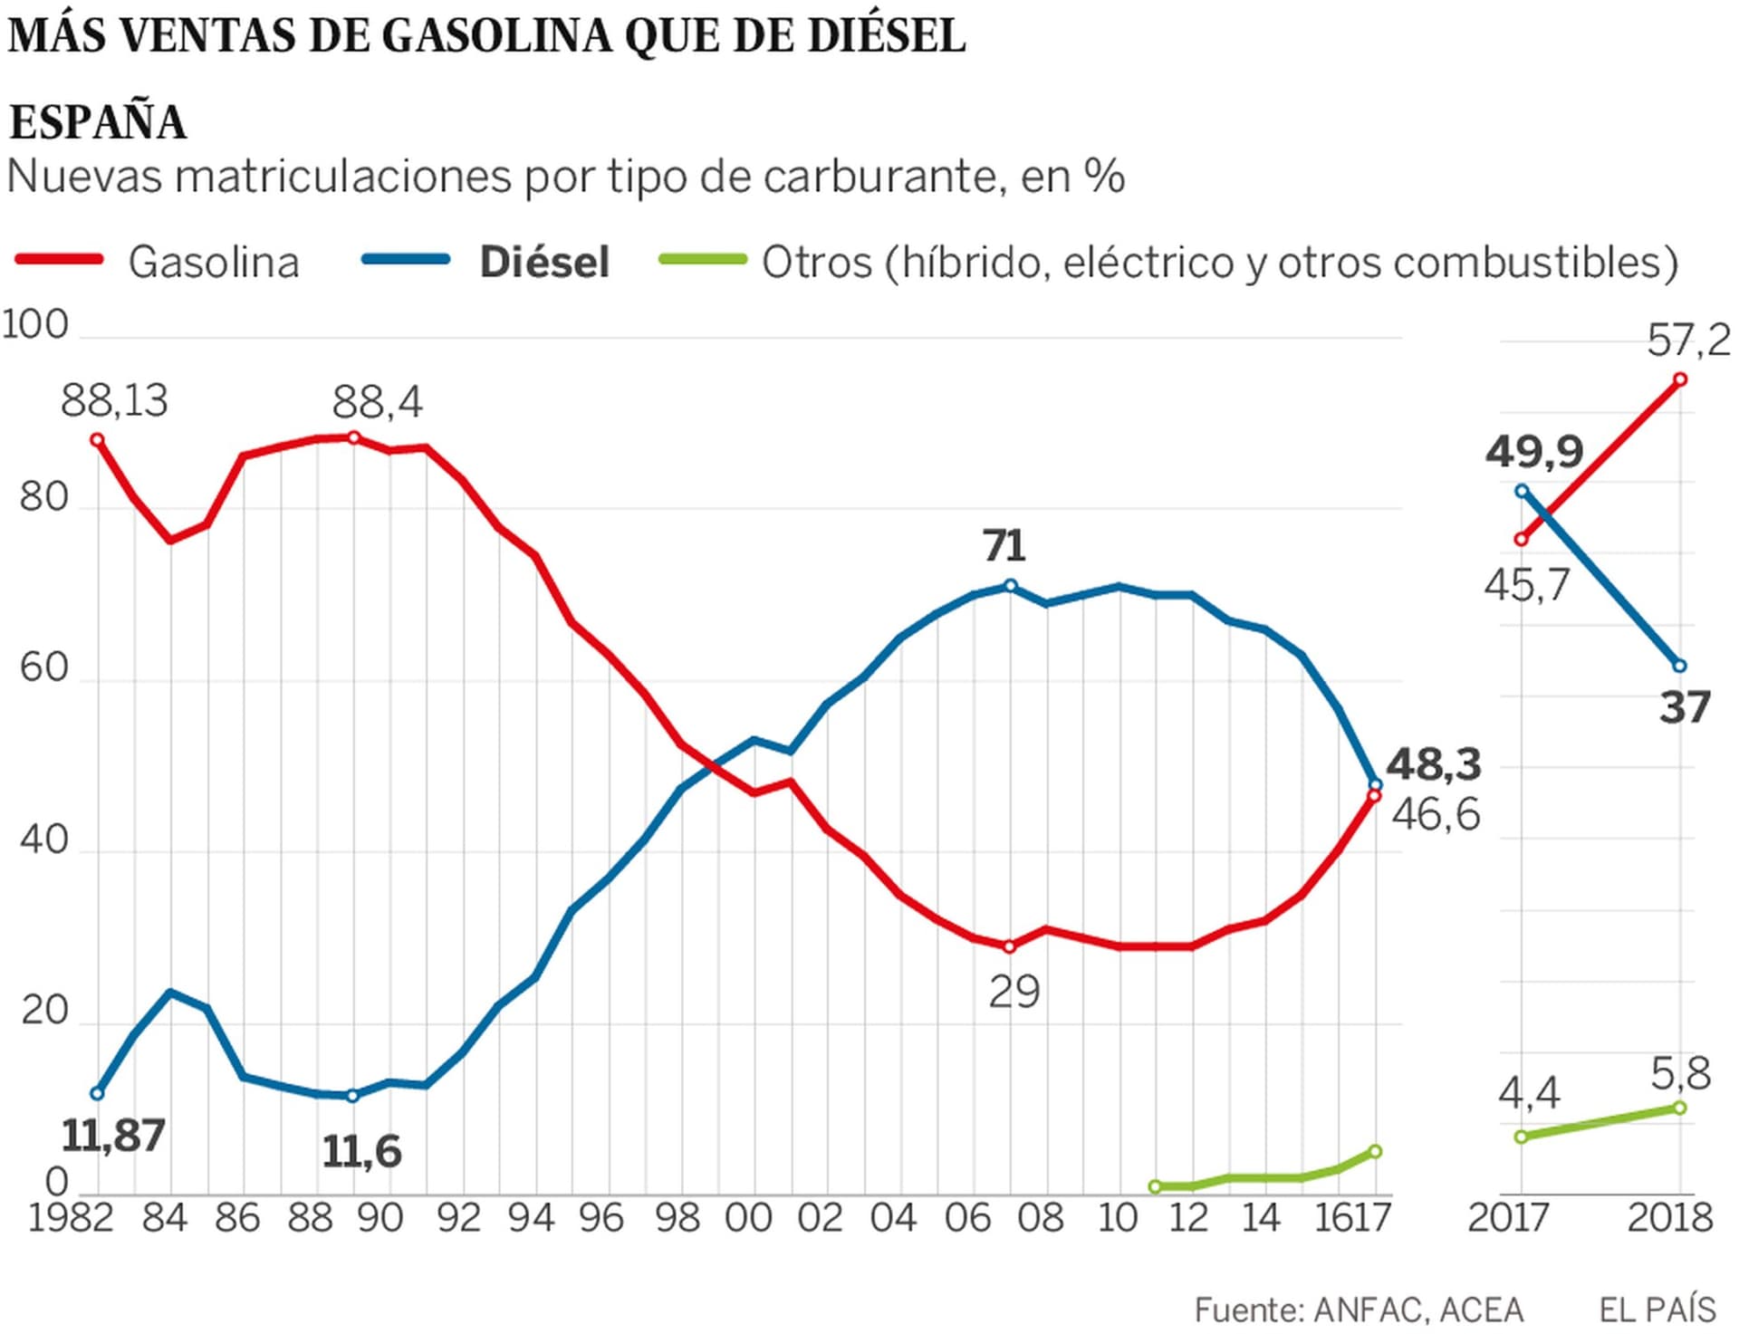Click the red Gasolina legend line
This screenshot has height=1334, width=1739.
[59, 260]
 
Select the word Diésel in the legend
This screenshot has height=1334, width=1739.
[544, 263]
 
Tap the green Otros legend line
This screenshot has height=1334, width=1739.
[703, 260]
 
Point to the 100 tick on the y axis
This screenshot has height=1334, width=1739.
[35, 325]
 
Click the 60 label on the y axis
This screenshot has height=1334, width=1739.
[43, 667]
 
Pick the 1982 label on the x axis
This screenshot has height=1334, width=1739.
[71, 1218]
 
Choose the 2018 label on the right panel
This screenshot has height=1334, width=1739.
[1670, 1218]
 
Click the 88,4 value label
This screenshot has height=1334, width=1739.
[377, 402]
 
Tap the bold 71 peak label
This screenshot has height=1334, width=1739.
[1004, 546]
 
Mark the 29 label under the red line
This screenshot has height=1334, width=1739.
[1014, 993]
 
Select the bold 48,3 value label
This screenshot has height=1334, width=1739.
[1434, 764]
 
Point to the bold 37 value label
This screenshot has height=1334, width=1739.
[1685, 707]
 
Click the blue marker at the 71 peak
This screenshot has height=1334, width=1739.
[1011, 586]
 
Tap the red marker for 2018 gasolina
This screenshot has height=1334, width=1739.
[1680, 379]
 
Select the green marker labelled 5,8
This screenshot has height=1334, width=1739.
[1680, 1108]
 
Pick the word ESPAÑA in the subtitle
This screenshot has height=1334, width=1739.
[98, 122]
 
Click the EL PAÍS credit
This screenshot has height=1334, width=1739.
[1657, 1310]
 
